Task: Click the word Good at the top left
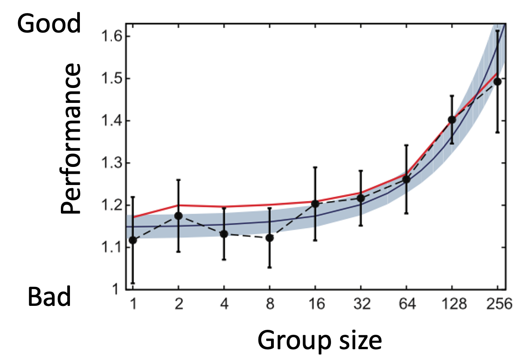(x=49, y=23)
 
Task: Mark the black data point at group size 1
(x=133, y=240)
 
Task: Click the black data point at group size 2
(x=178, y=216)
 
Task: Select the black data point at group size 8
(x=269, y=238)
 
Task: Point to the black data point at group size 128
(x=451, y=120)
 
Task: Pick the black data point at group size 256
(x=497, y=82)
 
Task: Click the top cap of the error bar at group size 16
(x=315, y=167)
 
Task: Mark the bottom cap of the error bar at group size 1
(x=133, y=283)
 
